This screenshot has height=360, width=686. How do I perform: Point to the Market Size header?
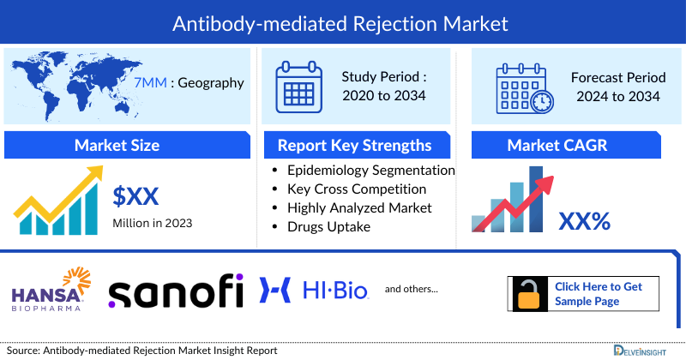tap(117, 145)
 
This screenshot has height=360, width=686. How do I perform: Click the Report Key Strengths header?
tap(354, 145)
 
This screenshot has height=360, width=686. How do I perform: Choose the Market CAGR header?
tap(569, 145)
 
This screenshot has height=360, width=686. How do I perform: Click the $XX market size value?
tap(136, 196)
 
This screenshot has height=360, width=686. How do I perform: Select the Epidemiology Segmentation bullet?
tap(370, 170)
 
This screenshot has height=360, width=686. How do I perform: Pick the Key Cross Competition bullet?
tap(357, 189)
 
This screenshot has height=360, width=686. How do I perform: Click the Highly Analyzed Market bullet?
tap(359, 207)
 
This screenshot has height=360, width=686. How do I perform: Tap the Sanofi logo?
tap(175, 291)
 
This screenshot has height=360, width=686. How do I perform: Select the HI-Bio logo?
tap(314, 291)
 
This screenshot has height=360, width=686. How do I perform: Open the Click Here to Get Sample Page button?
tap(598, 293)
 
